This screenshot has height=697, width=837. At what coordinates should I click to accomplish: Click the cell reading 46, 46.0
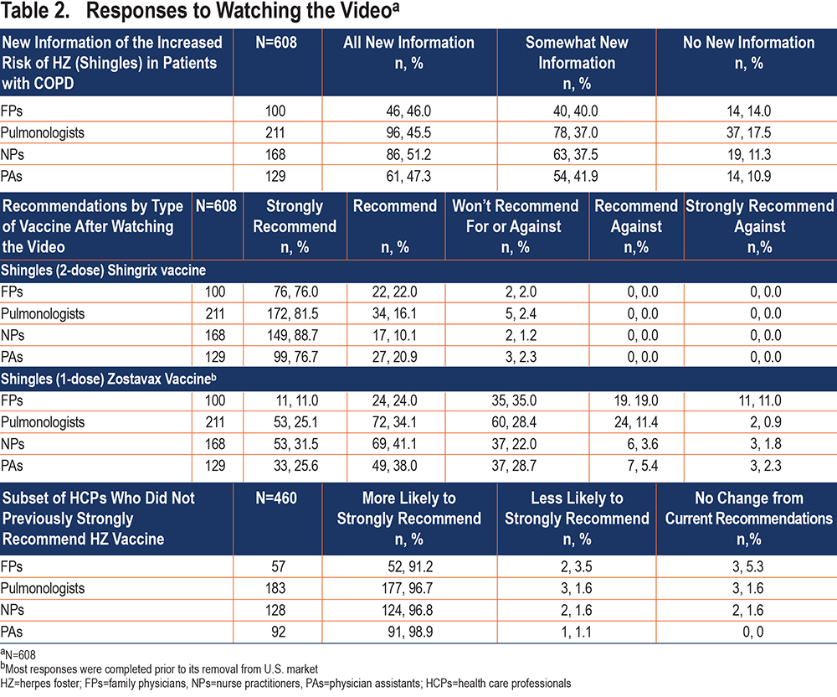click(x=408, y=111)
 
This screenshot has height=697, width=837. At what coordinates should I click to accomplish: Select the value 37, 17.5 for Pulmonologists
click(x=748, y=132)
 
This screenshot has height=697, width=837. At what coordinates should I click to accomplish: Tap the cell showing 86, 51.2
click(x=408, y=154)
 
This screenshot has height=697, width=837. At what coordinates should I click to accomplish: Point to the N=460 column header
click(x=276, y=498)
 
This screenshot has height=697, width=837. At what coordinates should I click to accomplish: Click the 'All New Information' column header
click(x=409, y=53)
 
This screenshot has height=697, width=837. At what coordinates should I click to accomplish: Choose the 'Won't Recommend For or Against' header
click(x=515, y=226)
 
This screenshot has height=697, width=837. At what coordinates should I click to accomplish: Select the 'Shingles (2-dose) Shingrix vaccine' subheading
click(x=103, y=271)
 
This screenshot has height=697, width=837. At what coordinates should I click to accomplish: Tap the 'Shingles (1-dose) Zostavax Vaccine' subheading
click(x=108, y=379)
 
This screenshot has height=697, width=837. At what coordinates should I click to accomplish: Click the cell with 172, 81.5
click(x=292, y=313)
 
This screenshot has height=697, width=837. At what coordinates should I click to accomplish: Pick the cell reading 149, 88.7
click(x=292, y=335)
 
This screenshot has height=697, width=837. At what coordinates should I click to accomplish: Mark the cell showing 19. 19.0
click(x=636, y=400)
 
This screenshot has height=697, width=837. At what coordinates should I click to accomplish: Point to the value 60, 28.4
click(x=514, y=422)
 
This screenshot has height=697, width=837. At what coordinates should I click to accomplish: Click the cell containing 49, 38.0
click(x=394, y=466)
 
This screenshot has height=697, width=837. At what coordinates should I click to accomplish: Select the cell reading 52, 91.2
click(x=410, y=566)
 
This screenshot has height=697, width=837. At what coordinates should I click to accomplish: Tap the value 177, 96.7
click(x=408, y=589)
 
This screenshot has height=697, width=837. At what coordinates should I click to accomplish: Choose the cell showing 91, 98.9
click(x=410, y=632)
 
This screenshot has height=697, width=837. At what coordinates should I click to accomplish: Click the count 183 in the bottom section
click(x=275, y=589)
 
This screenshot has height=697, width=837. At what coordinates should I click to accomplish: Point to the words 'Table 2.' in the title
click(x=35, y=11)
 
